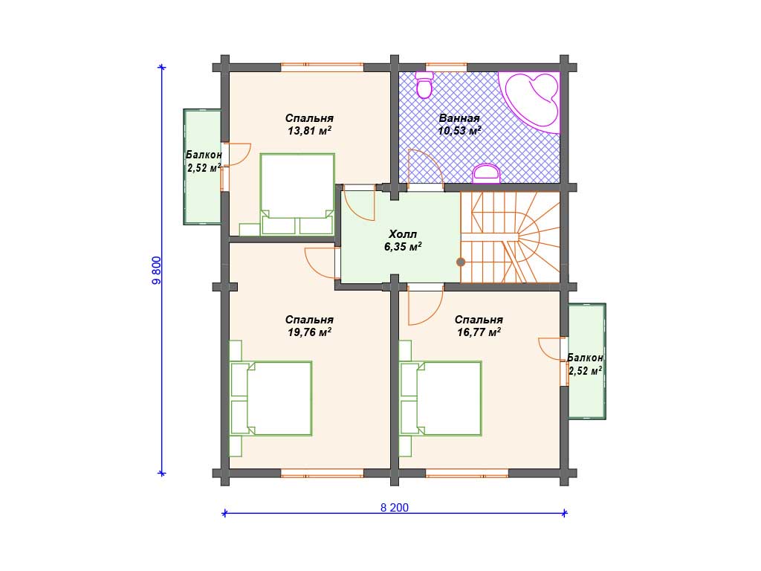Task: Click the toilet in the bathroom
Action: [425, 85]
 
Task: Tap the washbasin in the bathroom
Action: [486, 174]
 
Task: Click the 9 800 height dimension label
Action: [156, 270]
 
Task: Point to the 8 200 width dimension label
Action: [394, 507]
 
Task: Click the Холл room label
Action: [402, 234]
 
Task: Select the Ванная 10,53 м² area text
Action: [459, 124]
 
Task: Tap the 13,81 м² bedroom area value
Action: [309, 131]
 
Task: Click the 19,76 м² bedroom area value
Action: [309, 332]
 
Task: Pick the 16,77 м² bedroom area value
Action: [479, 332]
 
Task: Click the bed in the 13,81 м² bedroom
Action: [297, 194]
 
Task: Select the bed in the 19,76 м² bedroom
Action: [271, 399]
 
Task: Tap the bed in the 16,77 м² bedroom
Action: [441, 399]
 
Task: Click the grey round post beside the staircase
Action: [461, 262]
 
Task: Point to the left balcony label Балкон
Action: [204, 155]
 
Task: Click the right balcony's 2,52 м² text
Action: [586, 371]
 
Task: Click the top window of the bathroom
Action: [447, 65]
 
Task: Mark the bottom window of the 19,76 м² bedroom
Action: [323, 473]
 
